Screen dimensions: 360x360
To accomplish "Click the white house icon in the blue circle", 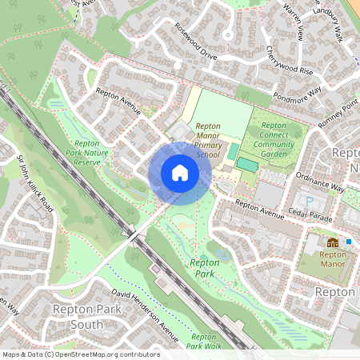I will [x=179, y=173].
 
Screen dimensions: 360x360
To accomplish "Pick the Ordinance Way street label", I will [x=320, y=183].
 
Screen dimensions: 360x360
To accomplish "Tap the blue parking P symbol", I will [x=311, y=200].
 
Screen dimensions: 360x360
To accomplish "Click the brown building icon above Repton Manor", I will [x=332, y=242].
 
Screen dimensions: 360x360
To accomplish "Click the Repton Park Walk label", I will [x=205, y=342].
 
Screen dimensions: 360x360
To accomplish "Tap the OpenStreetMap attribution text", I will [x=80, y=354].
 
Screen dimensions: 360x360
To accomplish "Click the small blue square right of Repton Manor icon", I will [x=349, y=241].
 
